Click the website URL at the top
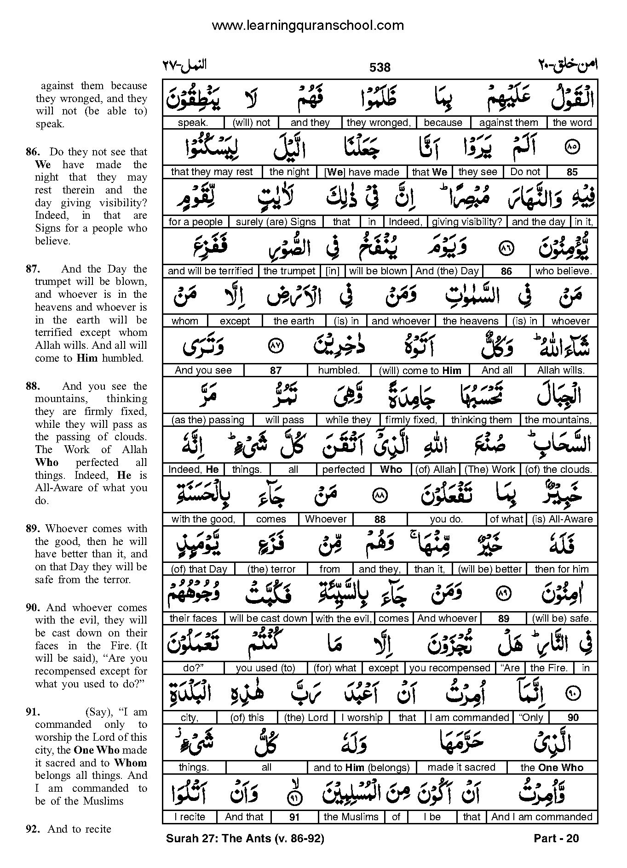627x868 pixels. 308,25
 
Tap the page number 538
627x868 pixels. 380,68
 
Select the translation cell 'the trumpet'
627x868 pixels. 289,271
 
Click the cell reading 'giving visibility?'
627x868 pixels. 467,221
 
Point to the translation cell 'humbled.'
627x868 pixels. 339,370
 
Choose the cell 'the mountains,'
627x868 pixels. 558,420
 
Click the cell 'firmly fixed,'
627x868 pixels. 411,420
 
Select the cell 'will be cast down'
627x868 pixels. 268,618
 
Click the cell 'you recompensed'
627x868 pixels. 449,668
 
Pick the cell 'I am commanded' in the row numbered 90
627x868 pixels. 469,718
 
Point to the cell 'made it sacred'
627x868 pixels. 461,767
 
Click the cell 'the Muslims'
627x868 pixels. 351,817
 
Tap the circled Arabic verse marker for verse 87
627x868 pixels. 276,346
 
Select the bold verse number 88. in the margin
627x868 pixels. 34,386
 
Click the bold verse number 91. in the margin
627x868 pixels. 34,713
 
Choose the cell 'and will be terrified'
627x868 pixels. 210,271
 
